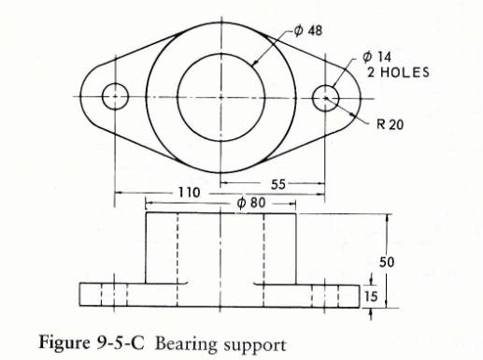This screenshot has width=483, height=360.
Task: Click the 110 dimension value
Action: click(189, 192)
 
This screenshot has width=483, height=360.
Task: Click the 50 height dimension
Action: click(385, 261)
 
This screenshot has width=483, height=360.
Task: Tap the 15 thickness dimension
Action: click(372, 295)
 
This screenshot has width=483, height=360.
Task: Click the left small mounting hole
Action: click(115, 95)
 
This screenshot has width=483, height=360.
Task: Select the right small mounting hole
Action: click(325, 95)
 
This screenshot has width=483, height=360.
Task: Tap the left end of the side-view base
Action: click(79, 295)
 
